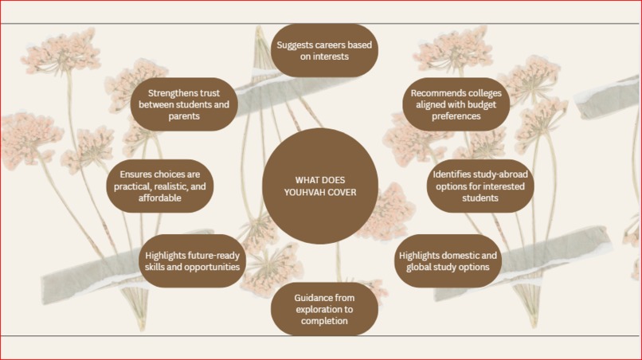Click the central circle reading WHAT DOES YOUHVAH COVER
(x=320, y=186)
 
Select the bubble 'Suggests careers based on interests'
(x=324, y=50)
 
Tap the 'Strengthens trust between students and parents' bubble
(x=184, y=104)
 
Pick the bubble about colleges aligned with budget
(x=456, y=104)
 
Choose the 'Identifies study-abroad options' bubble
(x=480, y=186)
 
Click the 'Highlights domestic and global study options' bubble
(x=448, y=261)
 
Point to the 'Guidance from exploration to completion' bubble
(x=324, y=309)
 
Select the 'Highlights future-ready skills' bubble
(x=192, y=261)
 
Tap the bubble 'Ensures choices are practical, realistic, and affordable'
(x=159, y=186)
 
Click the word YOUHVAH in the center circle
(x=303, y=192)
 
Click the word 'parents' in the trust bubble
(x=184, y=116)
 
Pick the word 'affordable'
(x=159, y=198)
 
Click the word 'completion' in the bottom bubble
(x=324, y=321)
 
